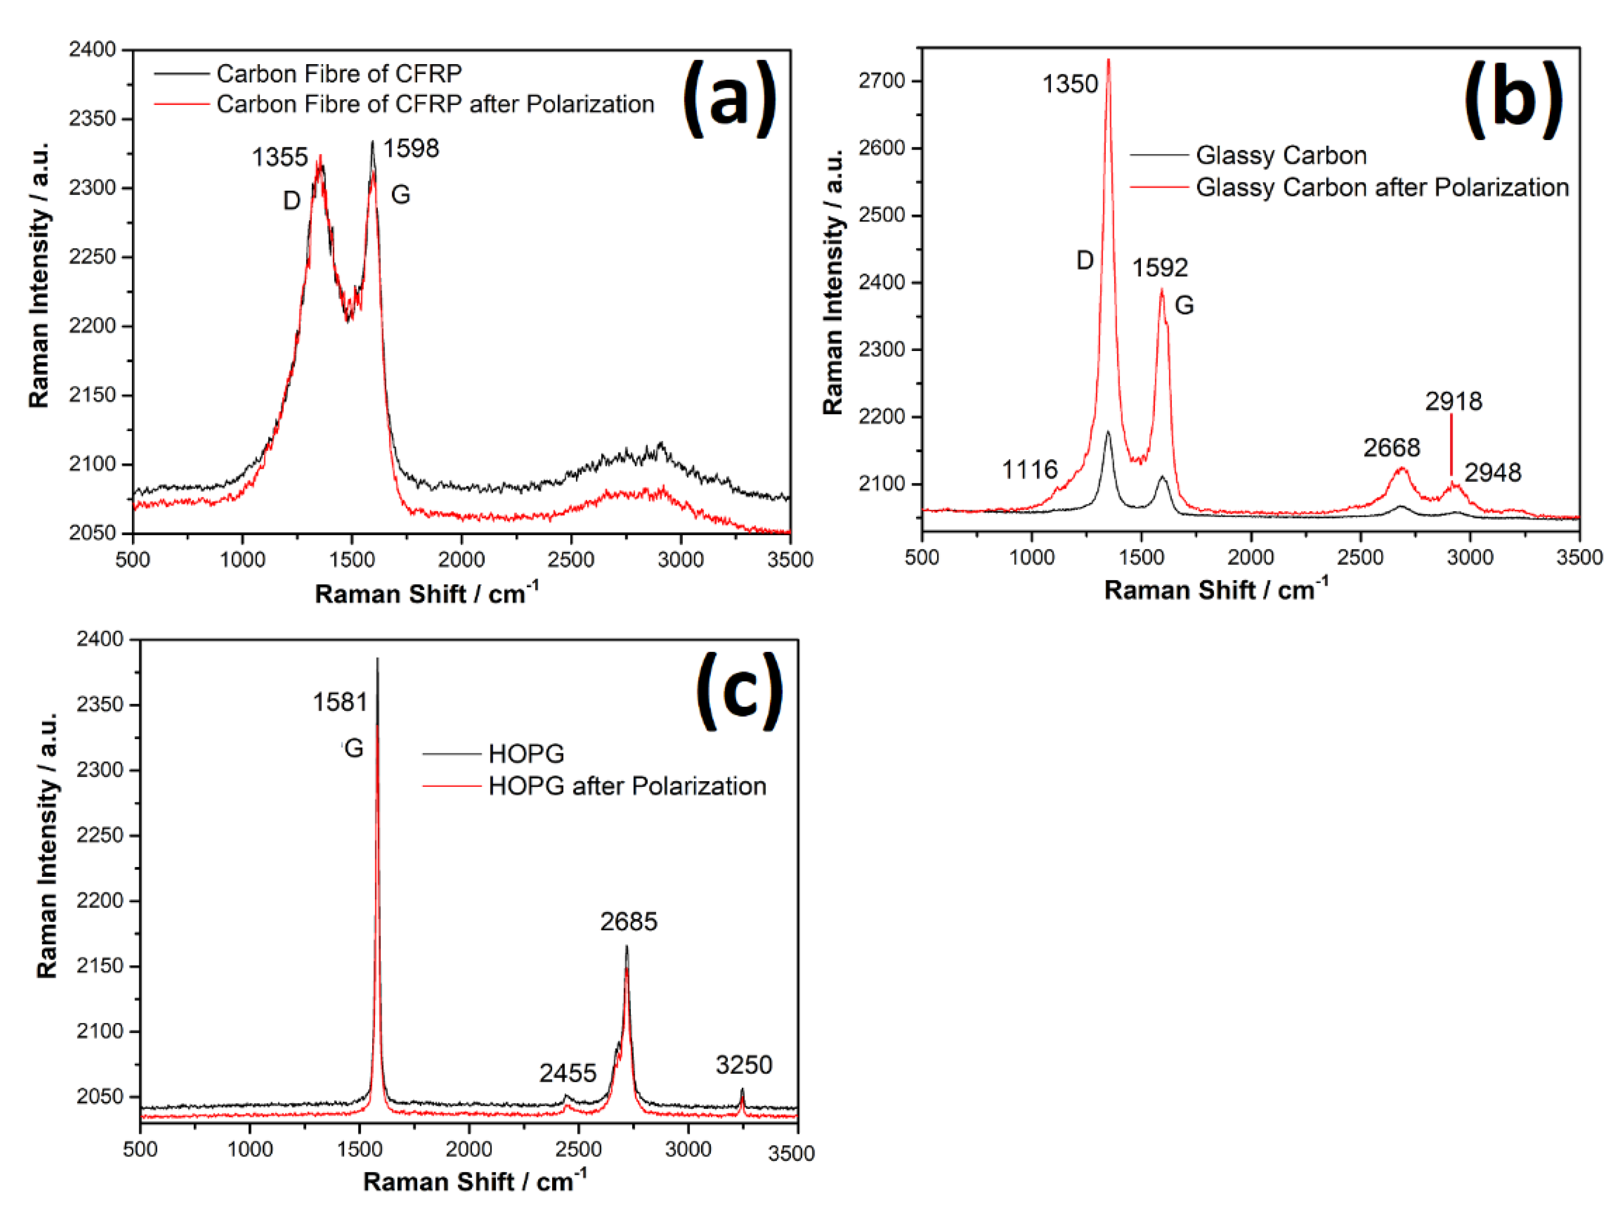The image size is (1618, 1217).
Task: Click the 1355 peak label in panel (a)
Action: click(280, 157)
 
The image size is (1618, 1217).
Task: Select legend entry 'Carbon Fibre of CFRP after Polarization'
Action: click(435, 104)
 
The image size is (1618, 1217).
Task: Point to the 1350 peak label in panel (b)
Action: click(1070, 84)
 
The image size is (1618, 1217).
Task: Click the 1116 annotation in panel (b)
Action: click(1029, 469)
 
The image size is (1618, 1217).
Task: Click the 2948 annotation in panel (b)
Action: click(1492, 473)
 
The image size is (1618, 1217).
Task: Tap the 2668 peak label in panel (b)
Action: click(1391, 448)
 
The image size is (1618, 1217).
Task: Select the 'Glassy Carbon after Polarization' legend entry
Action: click(1382, 188)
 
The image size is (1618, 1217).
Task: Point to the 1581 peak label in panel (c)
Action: click(340, 702)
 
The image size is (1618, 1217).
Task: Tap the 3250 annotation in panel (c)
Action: click(743, 1065)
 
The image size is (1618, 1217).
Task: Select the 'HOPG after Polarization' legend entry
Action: click(627, 786)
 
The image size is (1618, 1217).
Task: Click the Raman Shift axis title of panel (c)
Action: click(474, 1182)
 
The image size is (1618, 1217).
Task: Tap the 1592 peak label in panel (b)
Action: click(1159, 268)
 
